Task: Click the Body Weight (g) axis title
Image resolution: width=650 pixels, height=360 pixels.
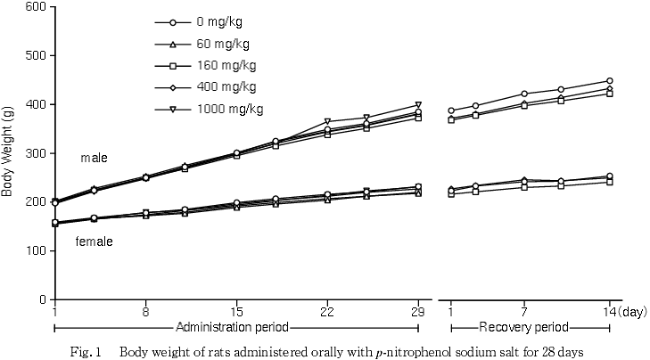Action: click(x=8, y=153)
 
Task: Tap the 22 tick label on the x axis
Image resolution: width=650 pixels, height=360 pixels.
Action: click(x=327, y=312)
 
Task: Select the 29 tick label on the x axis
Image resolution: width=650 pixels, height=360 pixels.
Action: click(x=418, y=312)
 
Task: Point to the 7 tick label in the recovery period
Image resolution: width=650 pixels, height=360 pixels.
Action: click(x=523, y=312)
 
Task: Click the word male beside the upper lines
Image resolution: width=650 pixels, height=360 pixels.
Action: click(x=94, y=158)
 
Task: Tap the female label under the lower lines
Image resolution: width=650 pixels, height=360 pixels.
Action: click(x=94, y=241)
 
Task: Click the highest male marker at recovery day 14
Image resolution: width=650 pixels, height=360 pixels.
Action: click(x=610, y=81)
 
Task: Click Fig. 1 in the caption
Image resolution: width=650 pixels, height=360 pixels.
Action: click(x=86, y=351)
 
